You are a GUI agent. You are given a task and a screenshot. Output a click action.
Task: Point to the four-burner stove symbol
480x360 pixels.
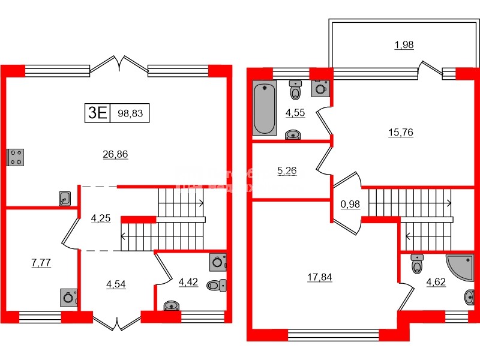15,157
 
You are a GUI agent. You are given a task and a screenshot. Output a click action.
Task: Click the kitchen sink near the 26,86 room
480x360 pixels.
65,199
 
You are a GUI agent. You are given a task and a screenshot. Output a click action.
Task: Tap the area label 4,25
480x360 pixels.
101,218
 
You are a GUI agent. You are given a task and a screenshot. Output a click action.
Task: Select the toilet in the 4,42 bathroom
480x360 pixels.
215,285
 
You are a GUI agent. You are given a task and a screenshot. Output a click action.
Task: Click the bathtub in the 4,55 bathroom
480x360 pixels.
264,110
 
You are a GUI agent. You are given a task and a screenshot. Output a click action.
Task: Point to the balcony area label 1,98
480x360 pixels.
404,44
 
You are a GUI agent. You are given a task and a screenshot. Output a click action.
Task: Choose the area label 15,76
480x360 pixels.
401,132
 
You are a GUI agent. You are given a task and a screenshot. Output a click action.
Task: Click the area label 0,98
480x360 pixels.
350,204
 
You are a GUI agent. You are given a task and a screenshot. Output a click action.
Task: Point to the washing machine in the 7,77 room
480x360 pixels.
68,298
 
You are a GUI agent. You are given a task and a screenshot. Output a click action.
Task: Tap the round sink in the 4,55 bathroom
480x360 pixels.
293,134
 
